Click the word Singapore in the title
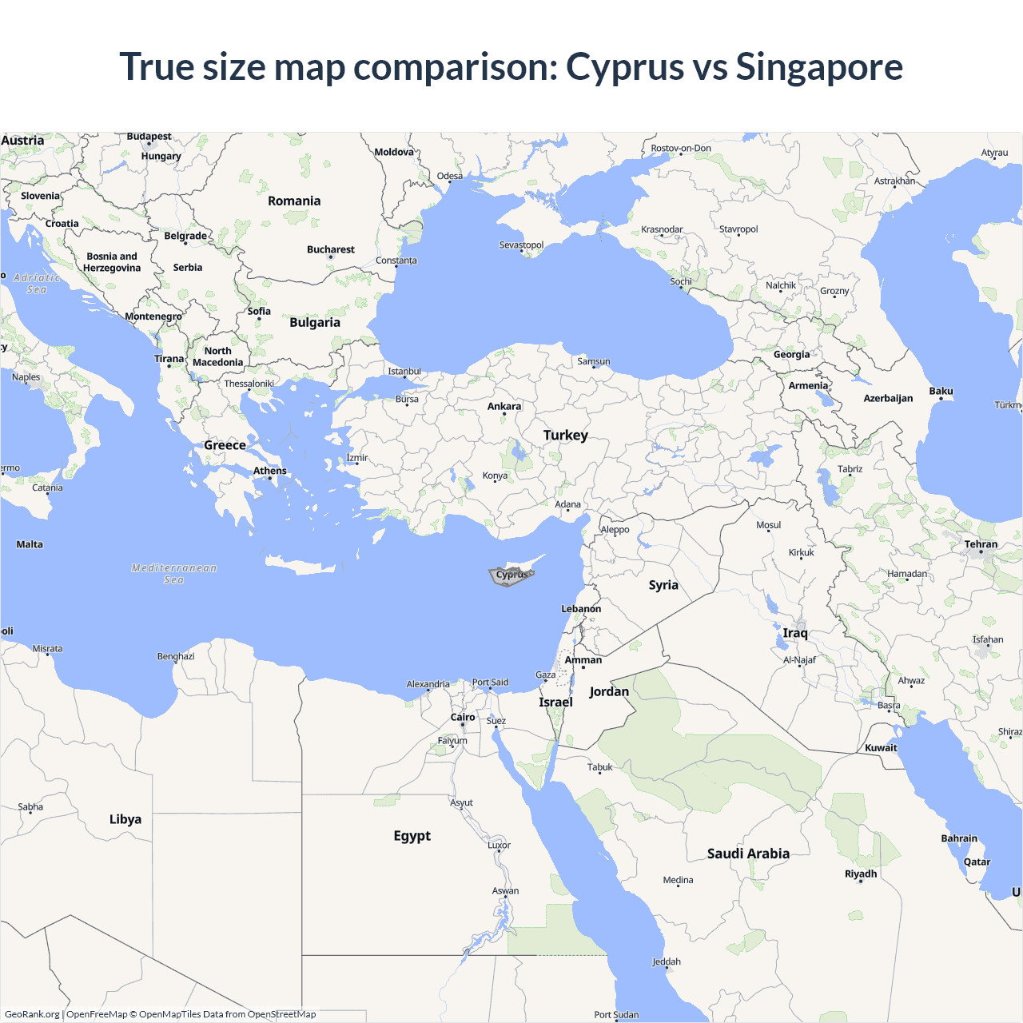(819, 67)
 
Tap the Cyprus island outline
(511, 575)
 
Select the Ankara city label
(504, 407)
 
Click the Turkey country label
(566, 436)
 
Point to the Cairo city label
(463, 718)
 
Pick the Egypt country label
(412, 836)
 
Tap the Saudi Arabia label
(748, 854)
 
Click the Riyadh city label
(861, 874)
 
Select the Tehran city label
(981, 544)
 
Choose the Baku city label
(941, 392)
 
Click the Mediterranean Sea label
(174, 574)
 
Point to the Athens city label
(270, 471)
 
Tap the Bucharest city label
(331, 250)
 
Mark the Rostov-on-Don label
(681, 149)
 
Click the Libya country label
(125, 819)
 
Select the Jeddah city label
(667, 962)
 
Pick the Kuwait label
(881, 748)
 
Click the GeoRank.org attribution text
(32, 1014)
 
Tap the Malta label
(30, 545)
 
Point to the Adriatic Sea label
(37, 284)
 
